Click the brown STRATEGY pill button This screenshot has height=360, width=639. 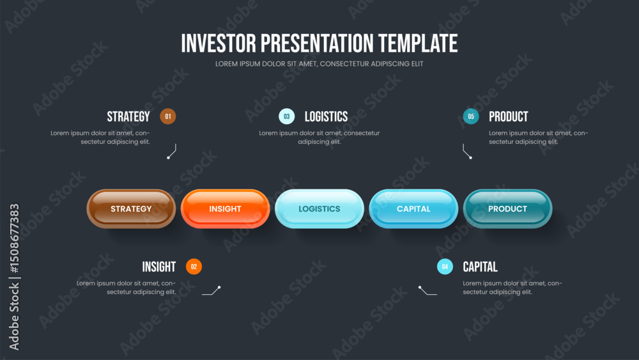pos(131,208)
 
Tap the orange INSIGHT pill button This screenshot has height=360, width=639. pos(226,208)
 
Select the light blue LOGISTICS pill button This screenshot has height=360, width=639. pos(319,208)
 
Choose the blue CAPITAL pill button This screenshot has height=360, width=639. pos(413,208)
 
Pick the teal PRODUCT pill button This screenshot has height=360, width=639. pos(508,208)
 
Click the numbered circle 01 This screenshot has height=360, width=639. pos(168,116)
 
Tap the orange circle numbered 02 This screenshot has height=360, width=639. pos(194,267)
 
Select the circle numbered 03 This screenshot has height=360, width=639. pos(287,116)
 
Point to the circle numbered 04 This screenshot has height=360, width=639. pos(445,267)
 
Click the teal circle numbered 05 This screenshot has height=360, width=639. pos(471,116)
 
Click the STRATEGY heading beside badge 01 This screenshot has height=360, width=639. pos(128,116)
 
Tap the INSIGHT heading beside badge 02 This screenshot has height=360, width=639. pos(159,267)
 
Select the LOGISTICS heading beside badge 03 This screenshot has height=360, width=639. pos(326,116)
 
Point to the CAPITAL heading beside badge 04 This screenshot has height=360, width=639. pos(480,267)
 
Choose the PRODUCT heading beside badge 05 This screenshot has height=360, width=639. pos(508,116)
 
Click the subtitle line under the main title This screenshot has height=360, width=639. pos(319,63)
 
